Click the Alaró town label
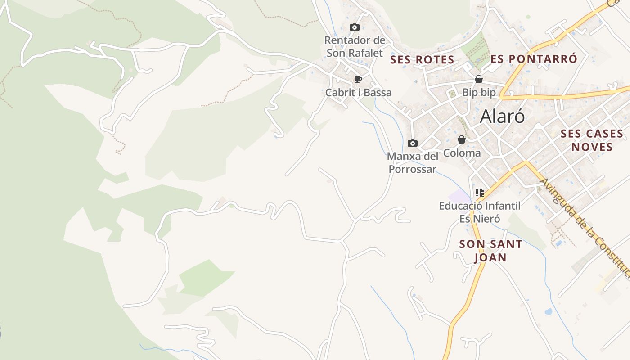502,117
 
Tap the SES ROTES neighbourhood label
422,60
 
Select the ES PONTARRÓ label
534,59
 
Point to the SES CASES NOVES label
592,140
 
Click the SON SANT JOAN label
490,251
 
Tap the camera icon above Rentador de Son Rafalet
355,27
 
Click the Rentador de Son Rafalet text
355,46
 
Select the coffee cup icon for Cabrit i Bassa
358,80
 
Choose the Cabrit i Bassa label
358,93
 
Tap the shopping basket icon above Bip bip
479,80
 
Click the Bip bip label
479,93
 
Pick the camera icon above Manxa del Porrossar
412,144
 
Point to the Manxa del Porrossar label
412,163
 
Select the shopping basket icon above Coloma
462,139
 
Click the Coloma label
462,153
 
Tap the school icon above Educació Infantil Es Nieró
480,193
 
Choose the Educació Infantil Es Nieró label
480,212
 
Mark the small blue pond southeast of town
548,311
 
